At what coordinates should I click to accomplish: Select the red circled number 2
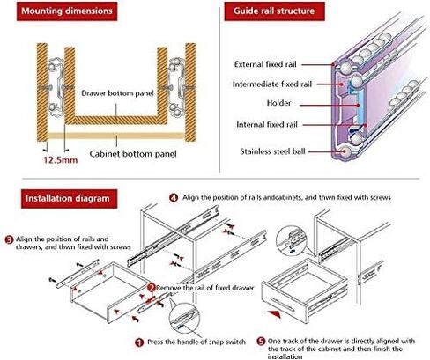click(x=152, y=288)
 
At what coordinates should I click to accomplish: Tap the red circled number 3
click(x=9, y=239)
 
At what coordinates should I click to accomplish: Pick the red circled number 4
click(x=174, y=197)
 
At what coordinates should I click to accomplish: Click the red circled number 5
click(x=261, y=342)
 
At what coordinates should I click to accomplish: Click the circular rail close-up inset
click(x=292, y=239)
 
